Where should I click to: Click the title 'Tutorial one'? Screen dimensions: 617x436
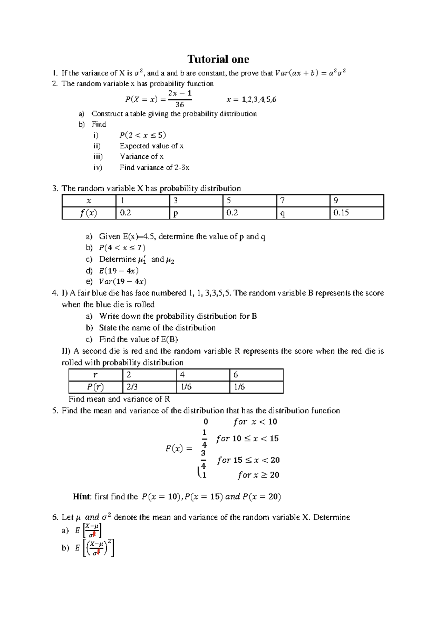[x=218, y=59]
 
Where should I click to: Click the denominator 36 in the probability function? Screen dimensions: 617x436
[x=179, y=105]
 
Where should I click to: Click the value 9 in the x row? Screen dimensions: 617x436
[x=336, y=200]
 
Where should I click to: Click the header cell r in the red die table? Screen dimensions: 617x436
[x=95, y=375]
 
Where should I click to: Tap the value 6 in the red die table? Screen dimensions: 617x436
[x=236, y=375]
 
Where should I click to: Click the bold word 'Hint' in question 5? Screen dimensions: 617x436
[x=82, y=497]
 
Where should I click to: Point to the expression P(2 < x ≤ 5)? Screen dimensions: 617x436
[x=142, y=135]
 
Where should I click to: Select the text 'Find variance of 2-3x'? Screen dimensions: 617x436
[x=154, y=168]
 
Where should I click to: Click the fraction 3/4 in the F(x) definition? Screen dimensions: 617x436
[x=203, y=459]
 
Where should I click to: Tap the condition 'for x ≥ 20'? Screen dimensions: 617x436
[x=258, y=475]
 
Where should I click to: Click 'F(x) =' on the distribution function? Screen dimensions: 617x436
[x=178, y=449]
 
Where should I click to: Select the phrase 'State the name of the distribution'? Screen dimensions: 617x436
[x=157, y=328]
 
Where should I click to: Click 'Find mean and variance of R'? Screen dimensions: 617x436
[x=119, y=399]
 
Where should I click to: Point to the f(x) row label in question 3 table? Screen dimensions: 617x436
[x=88, y=213]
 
